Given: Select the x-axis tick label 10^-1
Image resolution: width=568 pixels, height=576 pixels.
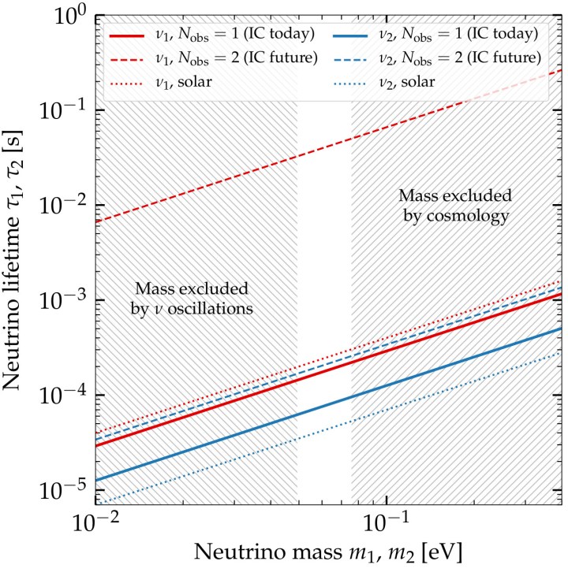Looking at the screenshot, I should click(387, 523).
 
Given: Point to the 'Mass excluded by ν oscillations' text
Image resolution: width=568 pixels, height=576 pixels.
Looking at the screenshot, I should click(192, 299).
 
